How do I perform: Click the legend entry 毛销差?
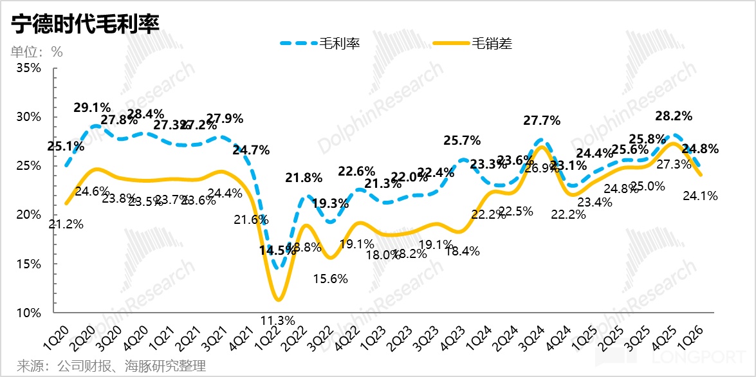click(x=492, y=44)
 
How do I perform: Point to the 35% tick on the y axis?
click(x=28, y=68)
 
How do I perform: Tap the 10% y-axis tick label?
click(x=28, y=313)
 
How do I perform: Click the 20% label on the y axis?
click(x=28, y=215)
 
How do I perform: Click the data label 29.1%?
click(x=93, y=107)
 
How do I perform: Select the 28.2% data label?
click(x=674, y=116)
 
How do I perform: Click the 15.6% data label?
click(x=330, y=279)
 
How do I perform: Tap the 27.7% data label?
click(x=542, y=120)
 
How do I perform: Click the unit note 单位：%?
click(x=37, y=52)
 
